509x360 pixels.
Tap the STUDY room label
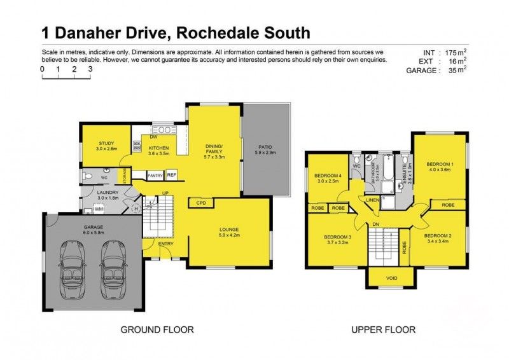coord(106,146)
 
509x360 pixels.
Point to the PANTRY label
coord(155,175)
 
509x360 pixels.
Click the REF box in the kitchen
coord(171,174)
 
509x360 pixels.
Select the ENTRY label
coord(165,244)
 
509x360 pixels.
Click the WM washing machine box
coord(99,208)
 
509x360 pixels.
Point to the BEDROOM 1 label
coord(439,166)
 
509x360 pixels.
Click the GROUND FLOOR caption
coord(157,329)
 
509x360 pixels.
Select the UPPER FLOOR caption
coord(384,329)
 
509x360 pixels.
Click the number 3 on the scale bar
coord(90,68)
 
